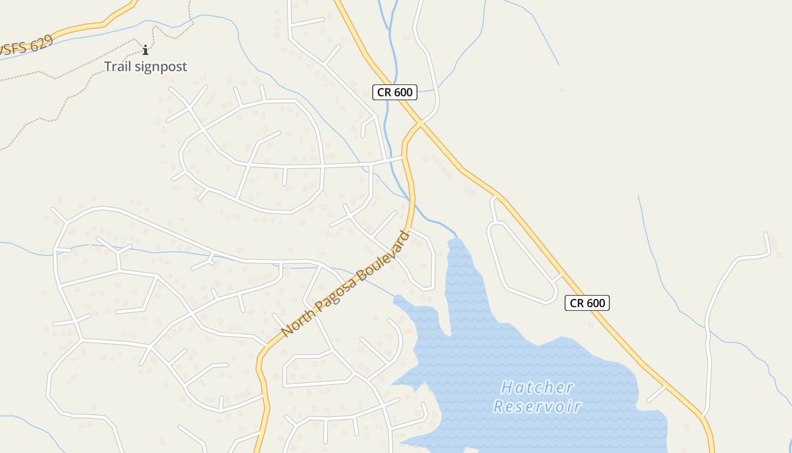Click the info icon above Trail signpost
coord(145,50)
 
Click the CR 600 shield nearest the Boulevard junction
coord(395,92)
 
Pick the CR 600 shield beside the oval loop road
coord(587,303)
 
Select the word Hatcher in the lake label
coord(537,388)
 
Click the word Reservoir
coord(537,407)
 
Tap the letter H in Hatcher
coord(507,388)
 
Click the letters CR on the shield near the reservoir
coord(576,303)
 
